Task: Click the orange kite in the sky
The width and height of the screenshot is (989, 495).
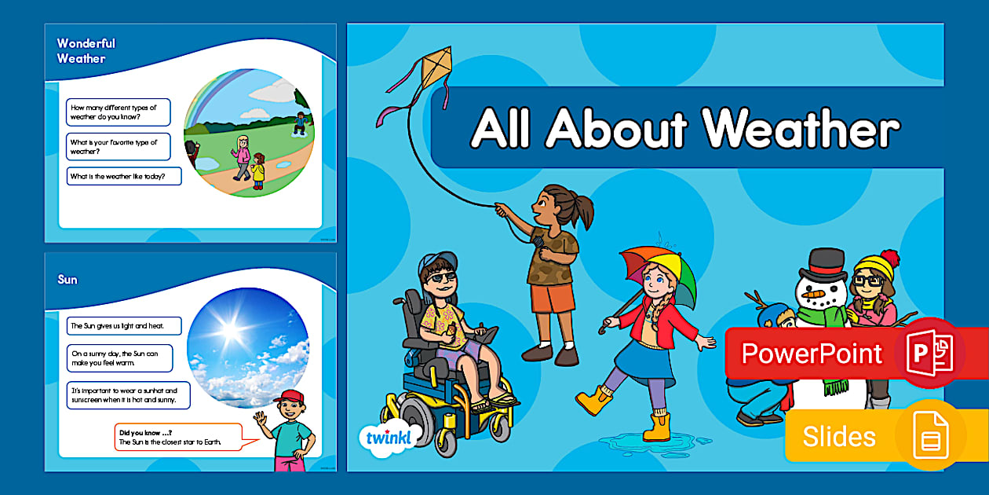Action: pyautogui.click(x=436, y=68)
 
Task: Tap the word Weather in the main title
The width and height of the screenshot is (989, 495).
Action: pyautogui.click(x=801, y=128)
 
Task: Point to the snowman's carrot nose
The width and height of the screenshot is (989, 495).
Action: pyautogui.click(x=813, y=295)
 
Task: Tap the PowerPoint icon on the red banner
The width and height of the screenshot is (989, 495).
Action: pyautogui.click(x=929, y=353)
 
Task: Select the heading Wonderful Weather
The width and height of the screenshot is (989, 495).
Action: pyautogui.click(x=86, y=51)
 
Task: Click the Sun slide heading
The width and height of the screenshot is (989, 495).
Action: pyautogui.click(x=68, y=280)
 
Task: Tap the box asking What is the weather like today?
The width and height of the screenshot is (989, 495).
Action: pyautogui.click(x=124, y=176)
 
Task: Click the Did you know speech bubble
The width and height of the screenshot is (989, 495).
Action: pyautogui.click(x=179, y=437)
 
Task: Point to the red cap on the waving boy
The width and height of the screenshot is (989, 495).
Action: pyautogui.click(x=290, y=396)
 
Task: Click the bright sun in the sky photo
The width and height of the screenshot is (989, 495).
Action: pyautogui.click(x=229, y=328)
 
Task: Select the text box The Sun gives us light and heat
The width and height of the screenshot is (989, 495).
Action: pyautogui.click(x=124, y=326)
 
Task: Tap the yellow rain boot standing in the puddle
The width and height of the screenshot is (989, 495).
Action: pyautogui.click(x=657, y=427)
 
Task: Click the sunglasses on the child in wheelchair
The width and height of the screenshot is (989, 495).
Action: pyautogui.click(x=441, y=277)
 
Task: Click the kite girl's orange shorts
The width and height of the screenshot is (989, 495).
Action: pyautogui.click(x=552, y=298)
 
